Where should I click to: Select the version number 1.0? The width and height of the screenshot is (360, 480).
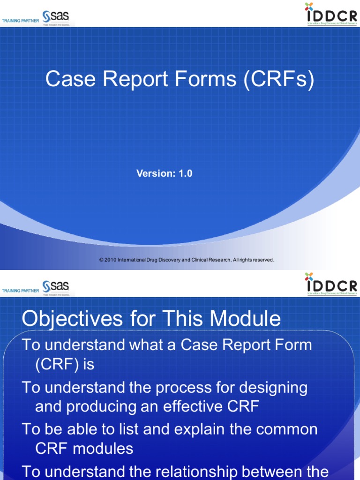pos(185,173)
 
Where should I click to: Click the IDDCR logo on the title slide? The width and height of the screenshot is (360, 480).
pos(331,14)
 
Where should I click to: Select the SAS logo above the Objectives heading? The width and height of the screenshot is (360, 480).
pos(55,287)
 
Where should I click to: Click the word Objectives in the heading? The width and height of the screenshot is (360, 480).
pos(70,320)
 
